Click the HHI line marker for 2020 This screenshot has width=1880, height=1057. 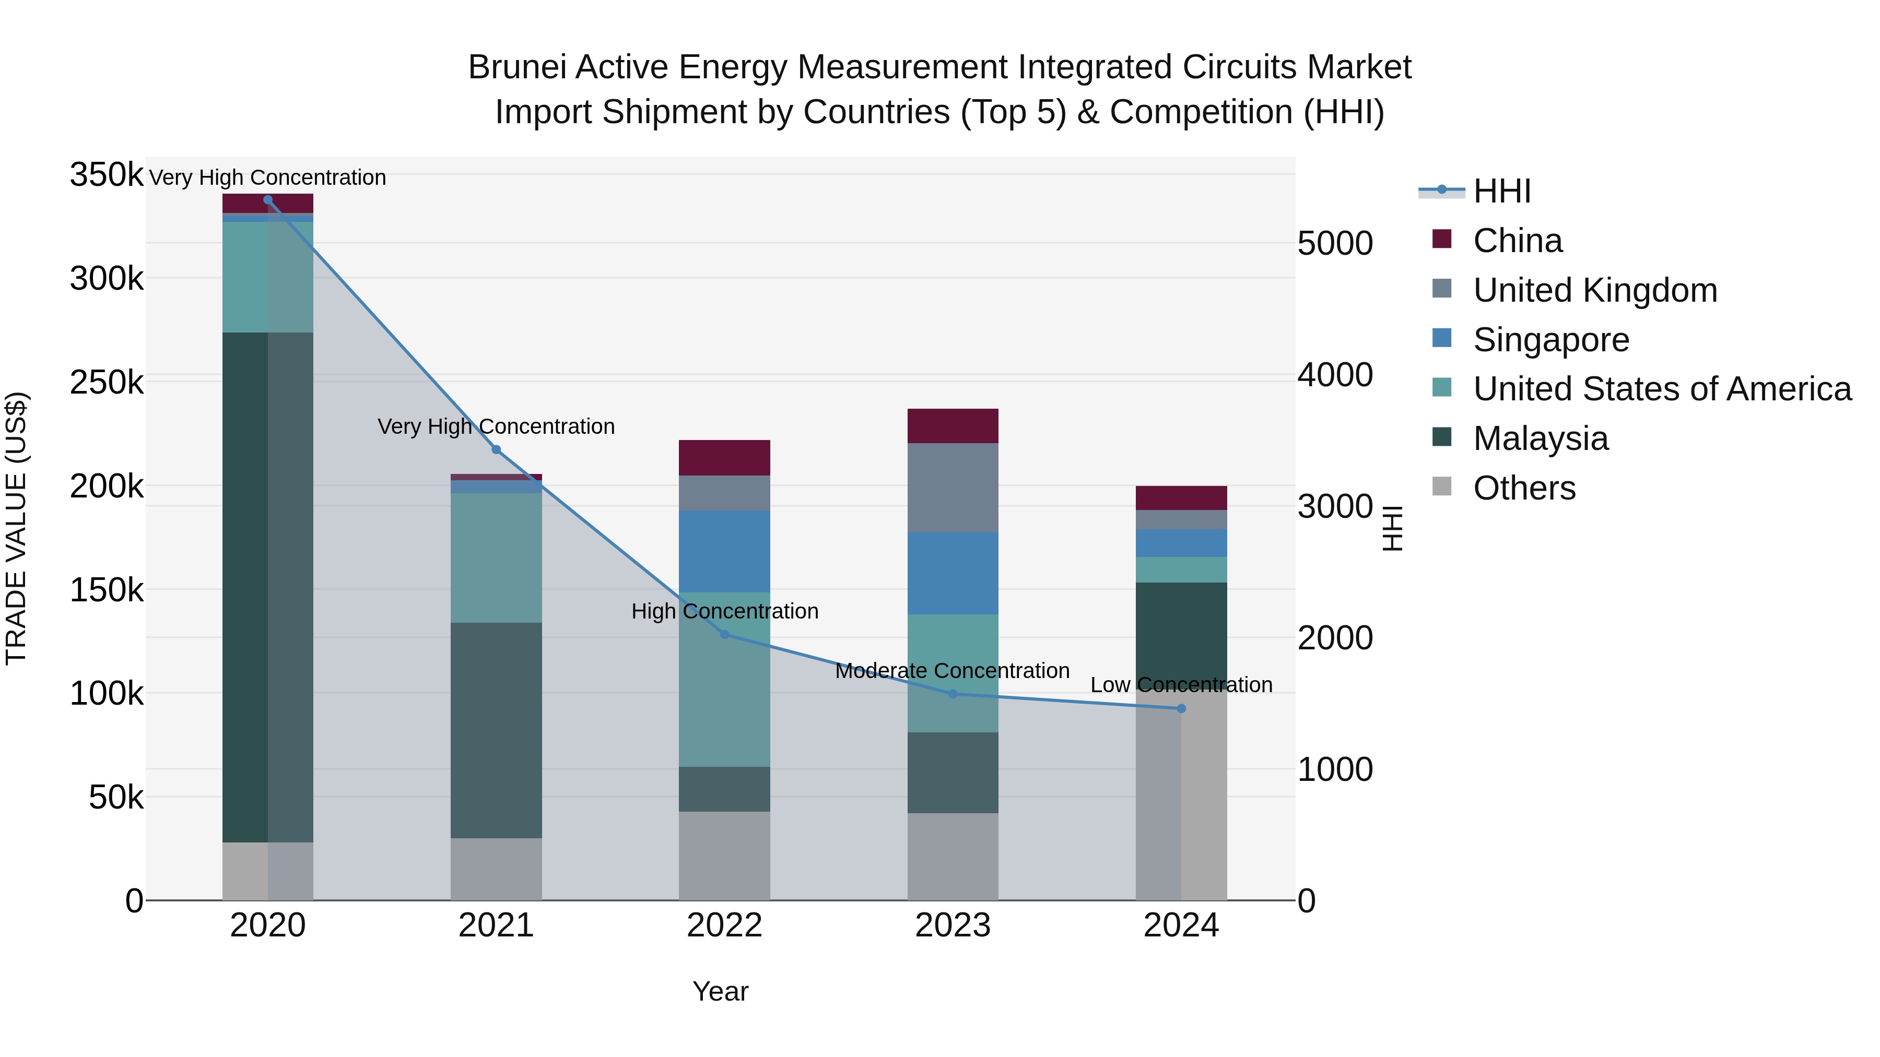pos(268,200)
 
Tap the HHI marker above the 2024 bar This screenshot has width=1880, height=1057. pos(1181,708)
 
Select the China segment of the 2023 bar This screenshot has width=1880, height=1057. pos(953,426)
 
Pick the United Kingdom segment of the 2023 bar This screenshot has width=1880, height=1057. pos(953,488)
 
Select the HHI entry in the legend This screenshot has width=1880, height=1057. pos(1501,191)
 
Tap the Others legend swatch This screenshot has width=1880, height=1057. pos(1442,486)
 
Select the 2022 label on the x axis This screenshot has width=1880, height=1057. pos(724,925)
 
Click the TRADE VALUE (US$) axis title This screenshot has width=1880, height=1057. pos(16,528)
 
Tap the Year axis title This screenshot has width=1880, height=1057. pos(720,991)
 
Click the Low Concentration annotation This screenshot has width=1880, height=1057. pos(1181,685)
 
